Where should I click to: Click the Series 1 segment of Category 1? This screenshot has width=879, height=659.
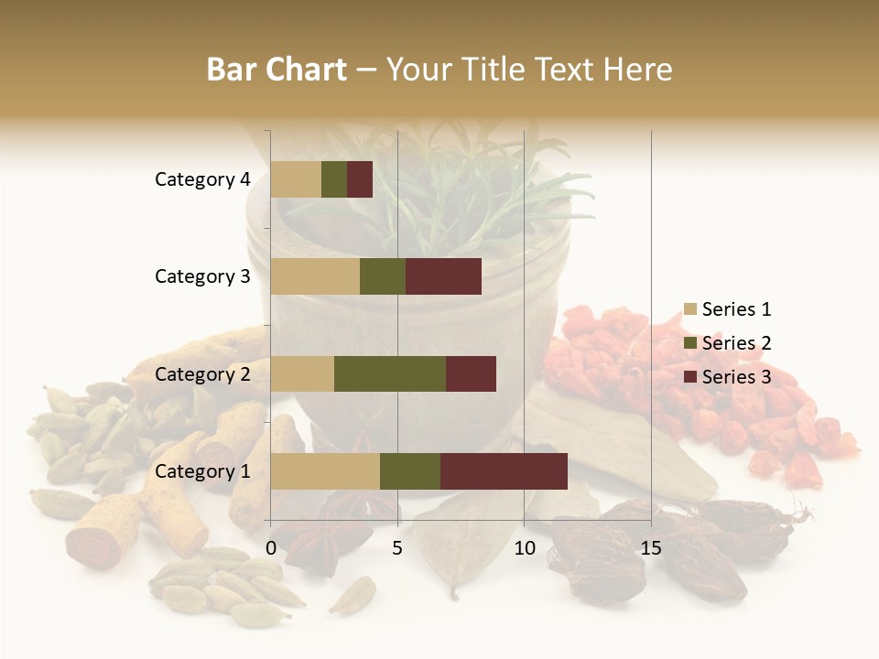click(325, 471)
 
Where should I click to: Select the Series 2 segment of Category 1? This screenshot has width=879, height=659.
click(410, 471)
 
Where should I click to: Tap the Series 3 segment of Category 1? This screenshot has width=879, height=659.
click(504, 471)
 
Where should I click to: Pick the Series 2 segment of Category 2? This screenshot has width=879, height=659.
click(390, 373)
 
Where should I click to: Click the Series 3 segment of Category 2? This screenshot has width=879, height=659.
click(471, 373)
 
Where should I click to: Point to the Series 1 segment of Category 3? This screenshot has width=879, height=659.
click(315, 276)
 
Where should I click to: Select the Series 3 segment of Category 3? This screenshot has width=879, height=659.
click(443, 276)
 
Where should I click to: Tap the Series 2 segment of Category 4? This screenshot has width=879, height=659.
click(334, 179)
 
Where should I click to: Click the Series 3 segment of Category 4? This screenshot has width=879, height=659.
click(360, 179)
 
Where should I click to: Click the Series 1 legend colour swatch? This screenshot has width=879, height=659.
click(689, 309)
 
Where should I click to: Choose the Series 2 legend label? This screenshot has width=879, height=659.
click(736, 343)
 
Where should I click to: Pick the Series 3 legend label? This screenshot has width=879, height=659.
click(736, 377)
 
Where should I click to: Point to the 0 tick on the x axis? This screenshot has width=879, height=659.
click(271, 548)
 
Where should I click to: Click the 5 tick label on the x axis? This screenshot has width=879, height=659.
click(397, 548)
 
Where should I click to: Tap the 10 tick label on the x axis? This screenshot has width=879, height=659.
click(524, 548)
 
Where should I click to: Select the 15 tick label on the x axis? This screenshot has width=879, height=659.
click(651, 548)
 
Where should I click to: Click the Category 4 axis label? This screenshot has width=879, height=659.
click(202, 179)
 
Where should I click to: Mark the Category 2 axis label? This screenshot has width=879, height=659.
click(202, 373)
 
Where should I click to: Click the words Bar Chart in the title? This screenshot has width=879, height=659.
click(277, 70)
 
